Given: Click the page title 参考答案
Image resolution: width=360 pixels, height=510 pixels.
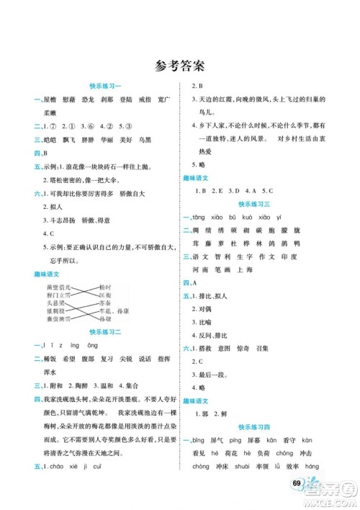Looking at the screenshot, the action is pyautogui.click(x=179, y=67).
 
